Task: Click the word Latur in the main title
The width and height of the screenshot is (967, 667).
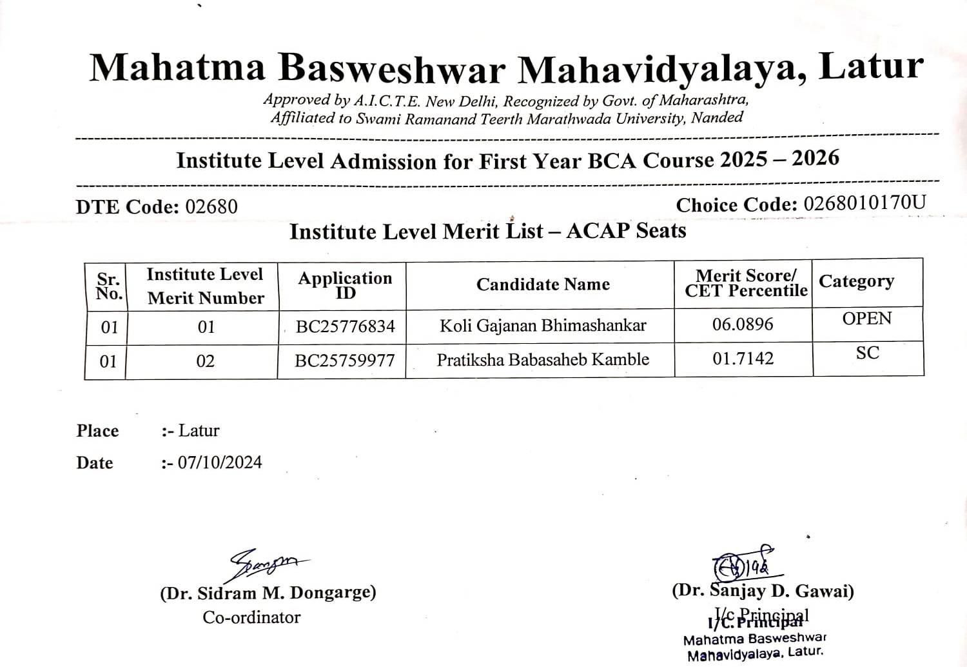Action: pos(871,66)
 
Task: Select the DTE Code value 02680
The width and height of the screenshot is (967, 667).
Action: pos(211,207)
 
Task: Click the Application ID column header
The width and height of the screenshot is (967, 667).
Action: pos(345,285)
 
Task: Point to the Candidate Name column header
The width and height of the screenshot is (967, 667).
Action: pos(543,284)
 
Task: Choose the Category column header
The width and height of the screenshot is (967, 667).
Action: pos(856,281)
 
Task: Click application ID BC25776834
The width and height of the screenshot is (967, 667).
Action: pos(345,326)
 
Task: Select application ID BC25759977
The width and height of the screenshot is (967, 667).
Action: pos(344,361)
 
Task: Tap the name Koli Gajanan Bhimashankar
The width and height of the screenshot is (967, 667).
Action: pos(543,325)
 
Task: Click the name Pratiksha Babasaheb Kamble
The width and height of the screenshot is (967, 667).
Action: pos(543,359)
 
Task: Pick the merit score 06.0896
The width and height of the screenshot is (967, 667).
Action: pos(743,324)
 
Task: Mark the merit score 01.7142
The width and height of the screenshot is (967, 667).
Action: pos(743,358)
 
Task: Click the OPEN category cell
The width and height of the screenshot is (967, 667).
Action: pos(867,319)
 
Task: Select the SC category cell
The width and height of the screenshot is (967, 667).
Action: pos(867,353)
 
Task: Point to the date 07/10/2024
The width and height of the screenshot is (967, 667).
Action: pos(220,463)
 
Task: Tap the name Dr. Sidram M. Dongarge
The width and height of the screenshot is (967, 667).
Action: pos(268,593)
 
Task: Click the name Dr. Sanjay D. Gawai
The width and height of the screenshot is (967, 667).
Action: pos(763,591)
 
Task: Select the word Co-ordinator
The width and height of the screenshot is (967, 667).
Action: pos(251,617)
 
